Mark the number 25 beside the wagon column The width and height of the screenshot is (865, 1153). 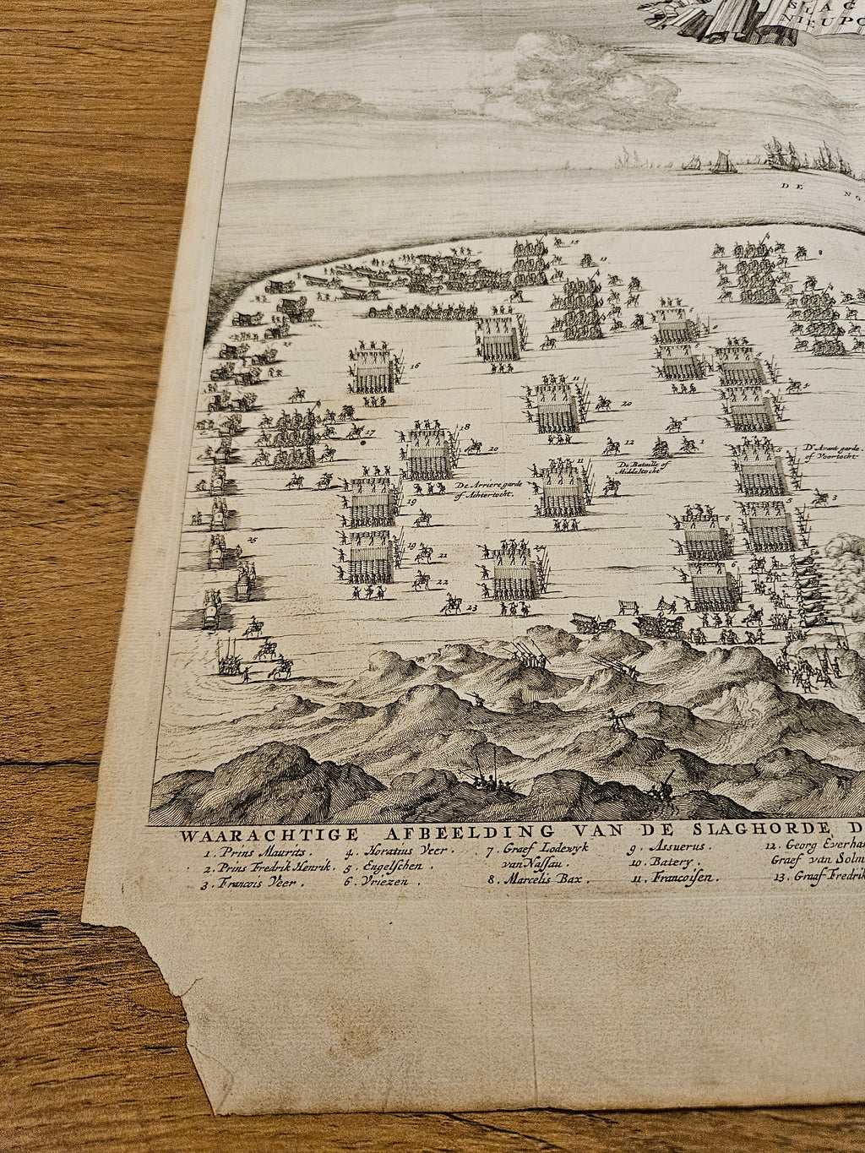[x=251, y=540]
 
